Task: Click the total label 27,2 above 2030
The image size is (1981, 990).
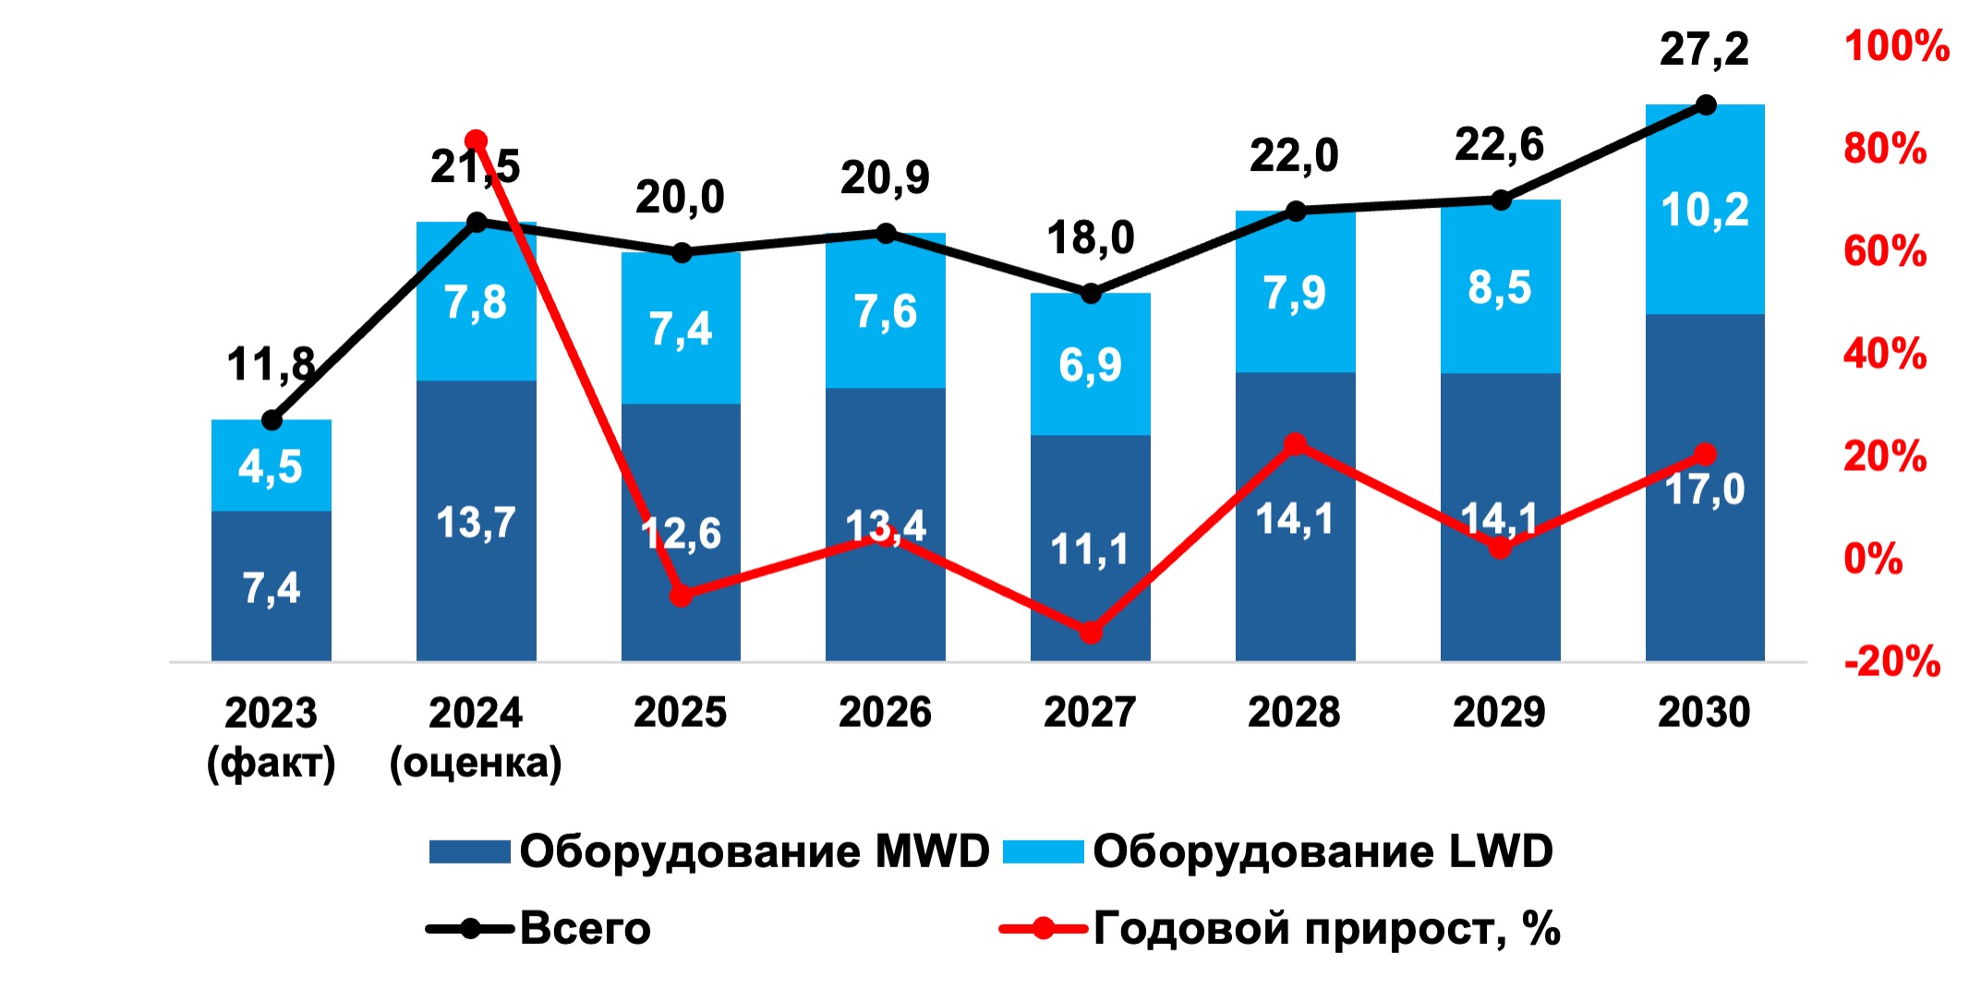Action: coord(1704,49)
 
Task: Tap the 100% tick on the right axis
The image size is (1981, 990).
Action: coord(1896,46)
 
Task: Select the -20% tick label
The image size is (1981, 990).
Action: coord(1892,661)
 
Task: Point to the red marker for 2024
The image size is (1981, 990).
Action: coord(477,141)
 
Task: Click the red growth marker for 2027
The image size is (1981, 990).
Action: coord(1091,633)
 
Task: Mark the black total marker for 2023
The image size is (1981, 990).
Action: coord(272,420)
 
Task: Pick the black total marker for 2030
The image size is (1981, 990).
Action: coord(1706,105)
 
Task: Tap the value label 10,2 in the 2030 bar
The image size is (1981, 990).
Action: coord(1705,211)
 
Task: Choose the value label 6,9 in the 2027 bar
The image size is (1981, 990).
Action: coord(1090,365)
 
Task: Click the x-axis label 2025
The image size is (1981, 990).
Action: coord(681,712)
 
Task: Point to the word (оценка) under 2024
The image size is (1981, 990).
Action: coord(476,764)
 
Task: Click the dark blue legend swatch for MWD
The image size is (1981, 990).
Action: coord(469,851)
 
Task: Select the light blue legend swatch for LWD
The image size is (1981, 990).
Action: coord(1043,851)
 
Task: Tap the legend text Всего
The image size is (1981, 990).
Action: coord(586,928)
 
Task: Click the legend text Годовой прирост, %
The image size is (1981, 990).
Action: coord(1326,928)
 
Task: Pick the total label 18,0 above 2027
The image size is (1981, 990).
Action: coord(1090,238)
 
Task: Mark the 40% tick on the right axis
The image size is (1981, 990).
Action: coord(1885,354)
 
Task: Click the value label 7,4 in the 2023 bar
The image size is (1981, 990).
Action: coord(272,587)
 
